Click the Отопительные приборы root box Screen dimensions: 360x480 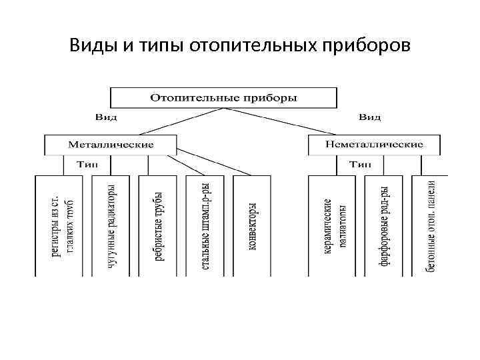[223, 97]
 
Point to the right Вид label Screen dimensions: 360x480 [370, 117]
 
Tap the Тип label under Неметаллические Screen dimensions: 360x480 [361, 164]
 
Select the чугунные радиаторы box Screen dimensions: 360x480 [111, 227]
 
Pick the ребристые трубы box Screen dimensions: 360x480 [158, 227]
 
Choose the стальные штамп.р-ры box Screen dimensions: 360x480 [205, 227]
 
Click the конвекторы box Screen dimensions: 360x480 [252, 227]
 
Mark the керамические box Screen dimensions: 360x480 [335, 227]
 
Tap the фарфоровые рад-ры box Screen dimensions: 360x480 [385, 227]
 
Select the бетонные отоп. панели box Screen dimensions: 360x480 [431, 227]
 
